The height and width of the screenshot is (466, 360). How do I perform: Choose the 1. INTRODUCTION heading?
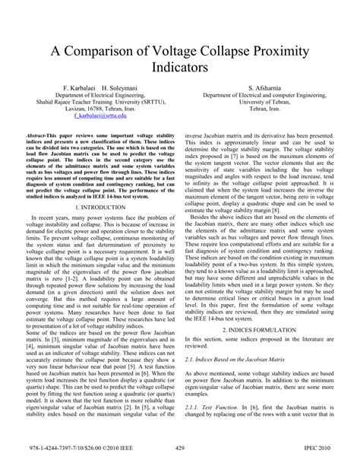(x=96, y=207)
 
